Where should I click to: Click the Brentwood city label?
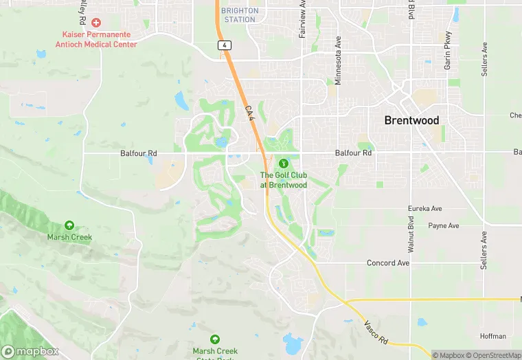(x=411, y=120)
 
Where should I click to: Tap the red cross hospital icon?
(x=96, y=23)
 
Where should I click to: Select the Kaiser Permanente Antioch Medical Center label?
(x=100, y=39)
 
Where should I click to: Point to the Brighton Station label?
(x=240, y=15)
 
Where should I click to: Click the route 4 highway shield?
(x=224, y=45)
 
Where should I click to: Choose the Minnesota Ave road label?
(x=338, y=60)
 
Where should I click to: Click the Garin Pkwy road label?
(x=448, y=49)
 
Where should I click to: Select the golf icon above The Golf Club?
(x=283, y=164)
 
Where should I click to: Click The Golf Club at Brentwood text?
(x=283, y=180)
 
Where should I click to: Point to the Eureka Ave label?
(x=424, y=208)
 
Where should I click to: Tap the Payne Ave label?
(x=444, y=225)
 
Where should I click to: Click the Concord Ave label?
(x=388, y=262)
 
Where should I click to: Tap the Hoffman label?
(x=493, y=336)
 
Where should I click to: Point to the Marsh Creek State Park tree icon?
(x=215, y=339)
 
